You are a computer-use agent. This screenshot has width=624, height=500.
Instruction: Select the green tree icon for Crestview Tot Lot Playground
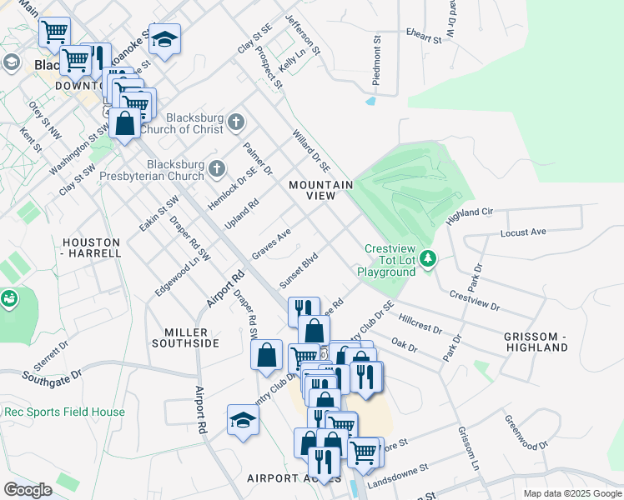pyautogui.click(x=429, y=260)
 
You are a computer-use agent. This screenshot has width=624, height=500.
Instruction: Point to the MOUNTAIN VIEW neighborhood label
pyautogui.click(x=320, y=190)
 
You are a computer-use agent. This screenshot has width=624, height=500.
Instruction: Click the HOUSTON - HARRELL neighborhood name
pyautogui.click(x=91, y=247)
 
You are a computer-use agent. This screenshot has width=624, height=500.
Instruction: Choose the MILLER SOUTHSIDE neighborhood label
pyautogui.click(x=185, y=337)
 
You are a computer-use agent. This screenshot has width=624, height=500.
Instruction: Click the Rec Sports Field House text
pyautogui.click(x=64, y=412)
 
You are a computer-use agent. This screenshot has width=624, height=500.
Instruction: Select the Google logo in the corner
pyautogui.click(x=28, y=489)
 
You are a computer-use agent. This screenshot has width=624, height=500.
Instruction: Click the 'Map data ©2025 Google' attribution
pyautogui.click(x=571, y=493)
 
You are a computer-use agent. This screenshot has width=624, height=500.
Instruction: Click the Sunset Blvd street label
pyautogui.click(x=299, y=271)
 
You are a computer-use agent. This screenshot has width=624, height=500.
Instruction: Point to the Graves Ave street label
pyautogui.click(x=271, y=243)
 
